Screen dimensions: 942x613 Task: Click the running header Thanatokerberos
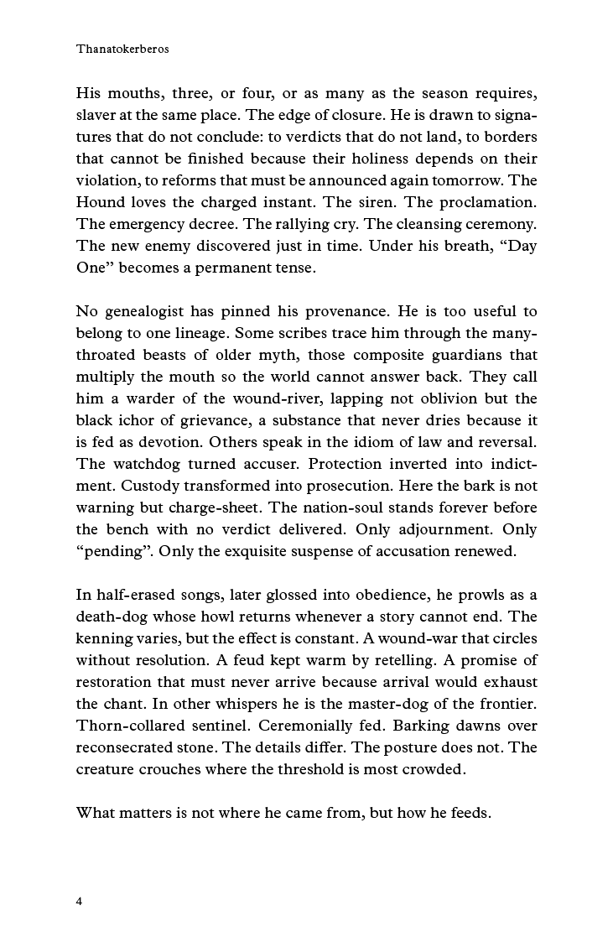[122, 49]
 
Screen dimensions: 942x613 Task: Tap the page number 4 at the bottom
[80, 901]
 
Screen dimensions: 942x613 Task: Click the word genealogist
[148, 312]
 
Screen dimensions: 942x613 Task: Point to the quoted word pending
[113, 551]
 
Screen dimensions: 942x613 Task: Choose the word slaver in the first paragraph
[96, 116]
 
